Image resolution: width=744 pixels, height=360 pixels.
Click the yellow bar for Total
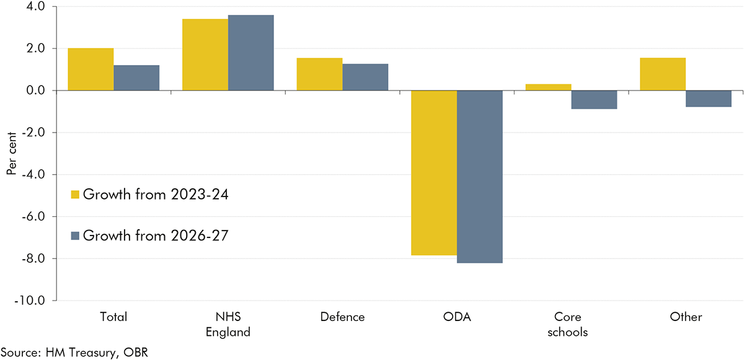[91, 69]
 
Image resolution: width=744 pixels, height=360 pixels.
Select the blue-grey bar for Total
[136, 78]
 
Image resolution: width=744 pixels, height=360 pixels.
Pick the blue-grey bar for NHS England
[251, 53]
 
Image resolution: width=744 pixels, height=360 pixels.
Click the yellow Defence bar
[319, 74]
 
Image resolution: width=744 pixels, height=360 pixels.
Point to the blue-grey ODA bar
[480, 177]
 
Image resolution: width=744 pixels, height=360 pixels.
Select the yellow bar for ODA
[434, 173]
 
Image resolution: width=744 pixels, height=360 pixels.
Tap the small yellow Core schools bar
[548, 87]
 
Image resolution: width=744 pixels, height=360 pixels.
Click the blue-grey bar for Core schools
[594, 100]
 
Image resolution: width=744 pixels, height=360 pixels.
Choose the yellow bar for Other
[663, 74]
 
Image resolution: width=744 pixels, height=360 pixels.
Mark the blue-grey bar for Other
[709, 99]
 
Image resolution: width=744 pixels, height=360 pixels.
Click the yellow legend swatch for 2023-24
[75, 195]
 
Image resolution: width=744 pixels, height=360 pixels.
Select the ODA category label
[457, 317]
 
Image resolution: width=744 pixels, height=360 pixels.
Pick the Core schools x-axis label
[571, 324]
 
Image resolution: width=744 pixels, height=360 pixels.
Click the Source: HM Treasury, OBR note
[75, 352]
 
